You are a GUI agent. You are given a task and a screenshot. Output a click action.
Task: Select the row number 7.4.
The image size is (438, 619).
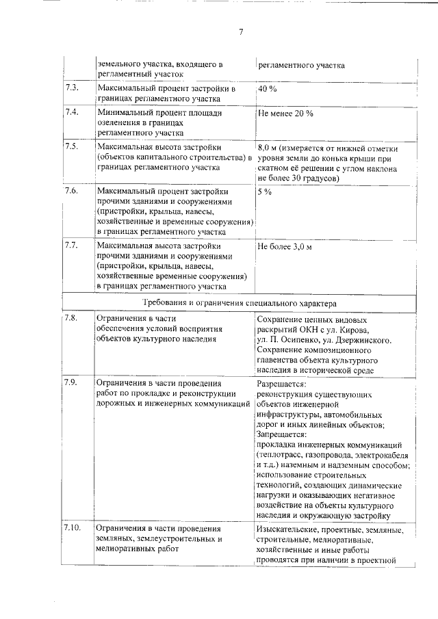pyautogui.click(x=71, y=112)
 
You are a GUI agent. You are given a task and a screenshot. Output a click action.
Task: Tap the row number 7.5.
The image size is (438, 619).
pyautogui.click(x=71, y=146)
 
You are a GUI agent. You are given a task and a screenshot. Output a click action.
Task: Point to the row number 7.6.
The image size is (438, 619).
pyautogui.click(x=71, y=191)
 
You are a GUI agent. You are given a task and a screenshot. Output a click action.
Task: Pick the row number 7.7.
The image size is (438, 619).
pyautogui.click(x=71, y=245)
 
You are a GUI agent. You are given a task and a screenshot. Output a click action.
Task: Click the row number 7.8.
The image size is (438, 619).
pyautogui.click(x=71, y=318)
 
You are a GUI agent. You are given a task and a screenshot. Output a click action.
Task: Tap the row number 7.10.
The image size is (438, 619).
pyautogui.click(x=73, y=528)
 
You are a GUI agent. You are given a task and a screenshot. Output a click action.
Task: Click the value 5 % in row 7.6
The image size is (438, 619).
pyautogui.click(x=264, y=192)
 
